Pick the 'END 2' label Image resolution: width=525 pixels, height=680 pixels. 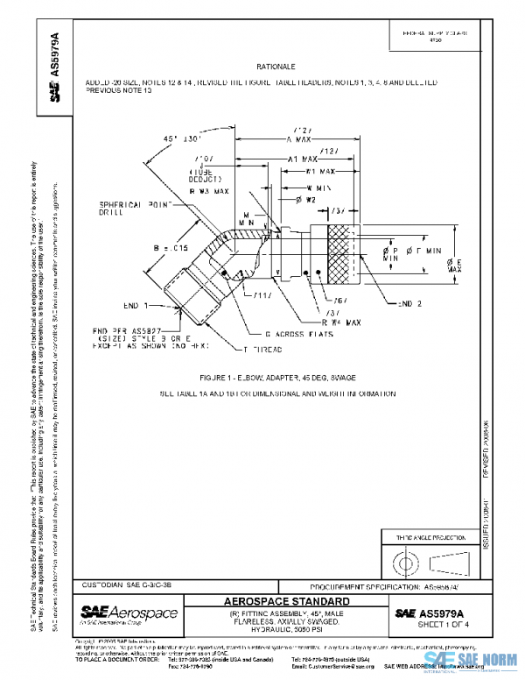pos(410,303)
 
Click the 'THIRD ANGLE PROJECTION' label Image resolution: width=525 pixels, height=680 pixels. pos(421,536)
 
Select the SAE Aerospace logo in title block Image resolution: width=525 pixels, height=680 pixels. pos(128,612)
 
